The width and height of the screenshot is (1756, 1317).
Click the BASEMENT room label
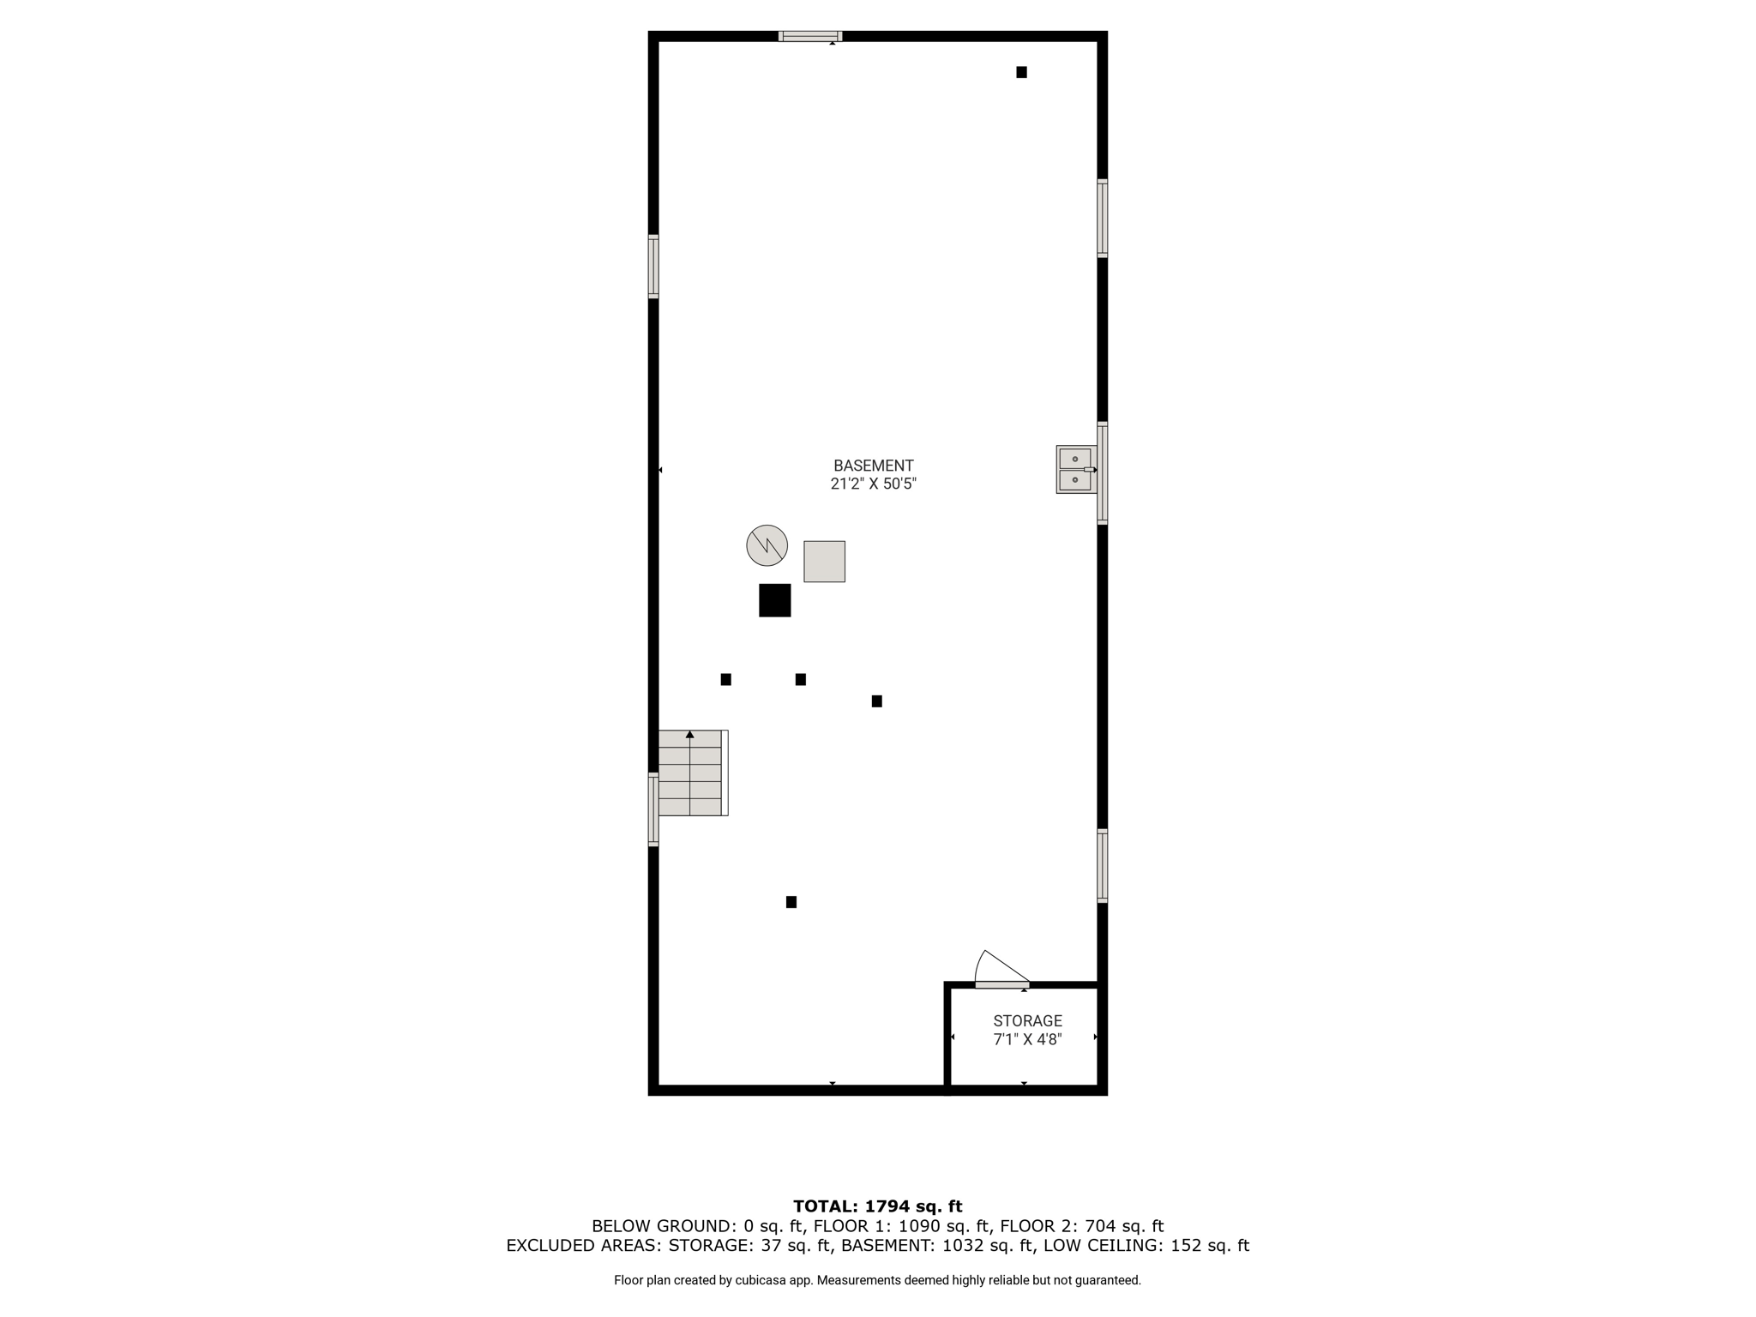pos(873,466)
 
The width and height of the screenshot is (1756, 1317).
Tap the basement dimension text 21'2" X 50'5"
pos(873,484)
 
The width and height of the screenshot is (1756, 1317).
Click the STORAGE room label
pos(1027,1021)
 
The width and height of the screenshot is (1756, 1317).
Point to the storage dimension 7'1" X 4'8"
pos(1027,1039)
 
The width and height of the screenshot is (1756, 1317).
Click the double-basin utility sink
pos(1076,470)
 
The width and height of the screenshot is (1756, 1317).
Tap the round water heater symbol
pos(767,545)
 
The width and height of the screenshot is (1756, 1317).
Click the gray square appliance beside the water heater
pos(824,562)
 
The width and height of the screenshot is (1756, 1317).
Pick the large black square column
pos(774,600)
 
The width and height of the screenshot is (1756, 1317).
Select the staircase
pos(693,773)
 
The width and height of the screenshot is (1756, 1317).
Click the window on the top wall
pos(810,36)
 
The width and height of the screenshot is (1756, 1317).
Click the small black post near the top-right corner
pos(1021,72)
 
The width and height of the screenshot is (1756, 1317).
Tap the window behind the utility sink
pos(1103,472)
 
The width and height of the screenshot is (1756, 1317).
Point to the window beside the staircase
pos(653,809)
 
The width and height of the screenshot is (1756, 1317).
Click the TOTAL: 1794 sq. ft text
pos(878,1206)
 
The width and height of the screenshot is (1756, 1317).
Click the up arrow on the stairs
pos(690,734)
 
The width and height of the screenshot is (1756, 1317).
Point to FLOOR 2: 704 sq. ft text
pos(1082,1226)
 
